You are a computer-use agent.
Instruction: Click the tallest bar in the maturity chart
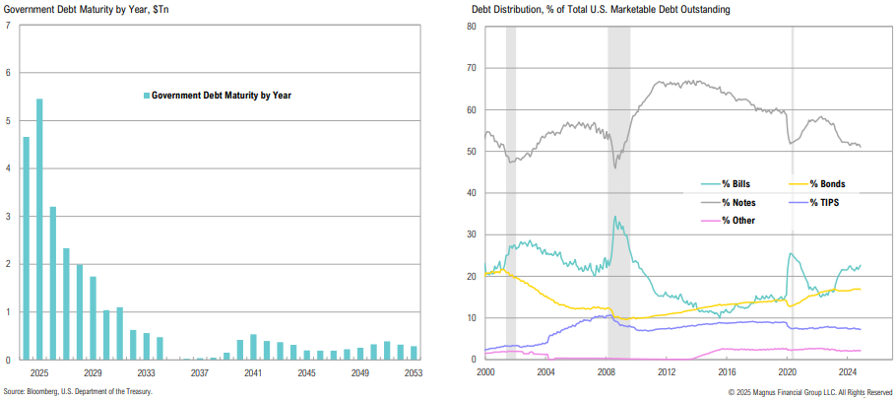[x=39, y=229]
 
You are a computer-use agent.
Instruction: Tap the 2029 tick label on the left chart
[x=93, y=374]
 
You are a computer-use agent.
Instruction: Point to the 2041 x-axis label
[x=253, y=374]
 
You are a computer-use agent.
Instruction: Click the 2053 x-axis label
[x=413, y=374]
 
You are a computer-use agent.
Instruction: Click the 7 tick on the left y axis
[x=8, y=25]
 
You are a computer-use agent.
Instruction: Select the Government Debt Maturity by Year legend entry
[x=222, y=96]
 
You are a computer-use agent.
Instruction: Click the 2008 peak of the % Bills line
[x=615, y=218]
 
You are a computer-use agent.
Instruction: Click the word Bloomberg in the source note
[x=50, y=391]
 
